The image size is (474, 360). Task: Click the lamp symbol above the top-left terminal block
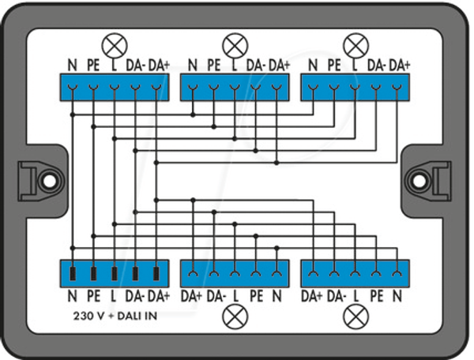tap(115, 45)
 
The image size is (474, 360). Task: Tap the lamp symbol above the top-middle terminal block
tap(235, 46)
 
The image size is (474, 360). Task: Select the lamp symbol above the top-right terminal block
tap(356, 45)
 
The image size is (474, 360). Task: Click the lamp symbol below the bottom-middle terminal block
tap(235, 317)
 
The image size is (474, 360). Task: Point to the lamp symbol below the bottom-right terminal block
tap(356, 317)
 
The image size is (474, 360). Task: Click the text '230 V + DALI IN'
tap(115, 317)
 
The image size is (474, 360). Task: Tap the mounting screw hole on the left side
tap(49, 182)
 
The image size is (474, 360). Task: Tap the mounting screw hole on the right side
tap(418, 182)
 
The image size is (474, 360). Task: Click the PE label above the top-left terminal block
tap(93, 66)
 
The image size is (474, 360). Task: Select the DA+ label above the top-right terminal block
tap(399, 66)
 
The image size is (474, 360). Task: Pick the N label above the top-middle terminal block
tap(193, 66)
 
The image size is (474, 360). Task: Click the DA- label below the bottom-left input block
tap(134, 296)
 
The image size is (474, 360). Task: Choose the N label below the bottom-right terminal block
tap(397, 296)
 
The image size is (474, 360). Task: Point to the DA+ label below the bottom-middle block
tap(191, 296)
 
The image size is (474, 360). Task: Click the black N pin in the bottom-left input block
tap(73, 274)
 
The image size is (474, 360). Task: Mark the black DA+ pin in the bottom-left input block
tap(156, 274)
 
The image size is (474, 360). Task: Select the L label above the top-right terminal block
tap(355, 66)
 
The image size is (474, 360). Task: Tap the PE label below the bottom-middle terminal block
tap(256, 296)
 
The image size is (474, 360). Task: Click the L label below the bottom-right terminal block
tap(355, 296)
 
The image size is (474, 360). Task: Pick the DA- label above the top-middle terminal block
tap(256, 66)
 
